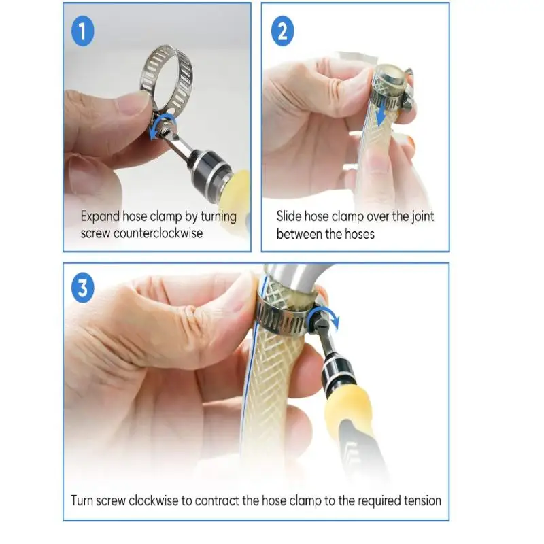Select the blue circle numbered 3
click(x=83, y=290)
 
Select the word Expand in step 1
click(x=100, y=217)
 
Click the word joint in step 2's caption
click(x=420, y=217)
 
